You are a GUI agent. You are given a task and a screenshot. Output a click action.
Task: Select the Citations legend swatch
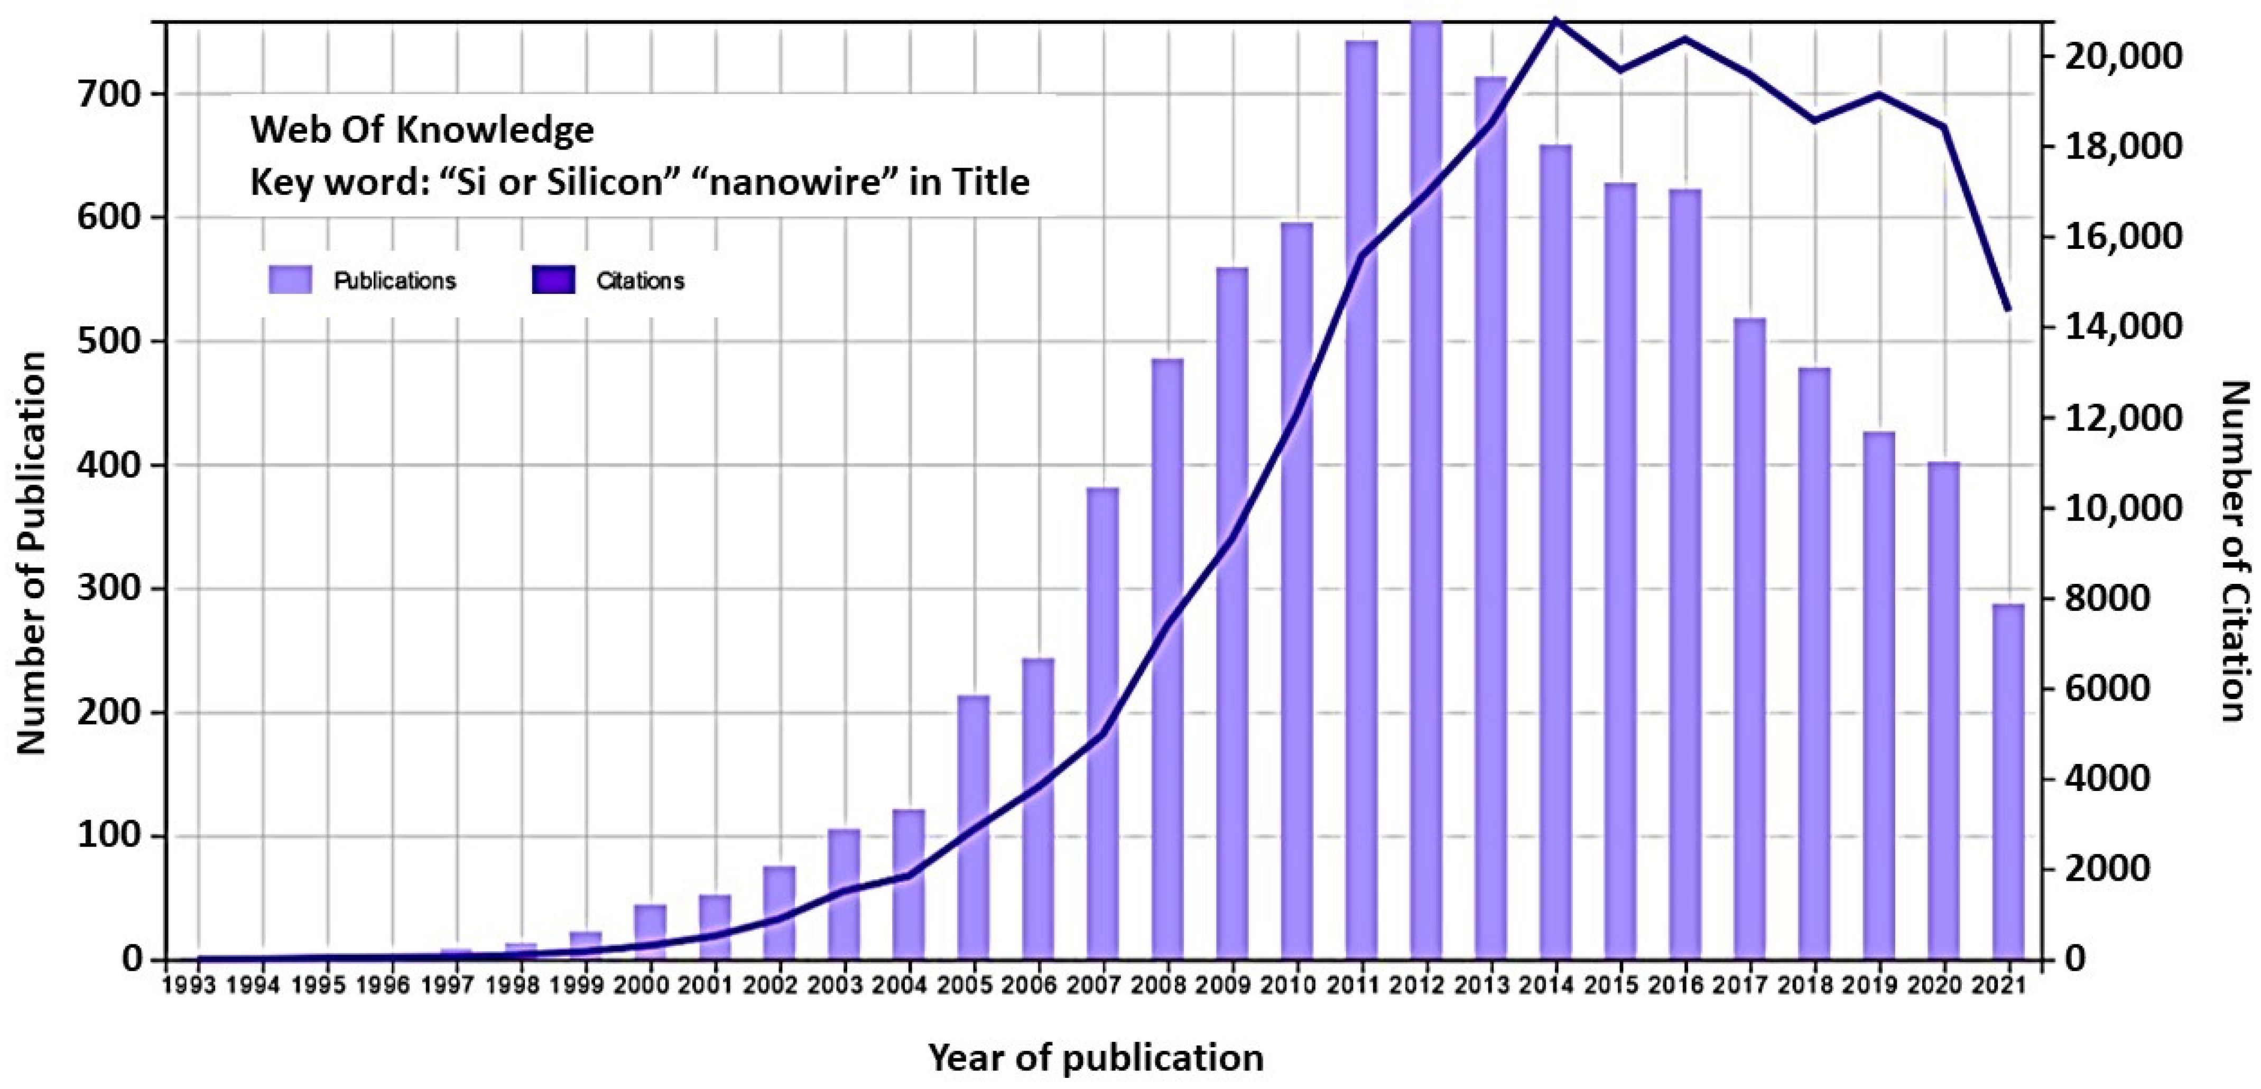tap(553, 281)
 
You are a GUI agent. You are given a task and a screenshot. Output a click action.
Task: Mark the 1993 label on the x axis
tap(190, 985)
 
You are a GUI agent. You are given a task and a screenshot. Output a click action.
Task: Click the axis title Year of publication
tap(1096, 1057)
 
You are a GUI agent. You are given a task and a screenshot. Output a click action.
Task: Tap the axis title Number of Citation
tap(2237, 550)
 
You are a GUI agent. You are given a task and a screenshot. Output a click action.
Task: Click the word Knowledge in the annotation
tap(495, 130)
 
